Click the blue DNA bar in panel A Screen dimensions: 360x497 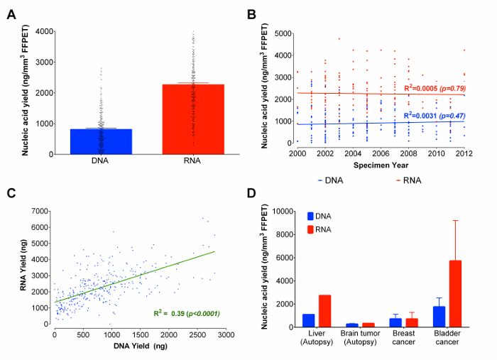(101, 141)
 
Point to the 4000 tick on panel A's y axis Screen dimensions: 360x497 (54, 31)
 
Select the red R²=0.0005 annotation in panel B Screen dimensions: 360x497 (433, 87)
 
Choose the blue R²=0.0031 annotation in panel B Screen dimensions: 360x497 (433, 114)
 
